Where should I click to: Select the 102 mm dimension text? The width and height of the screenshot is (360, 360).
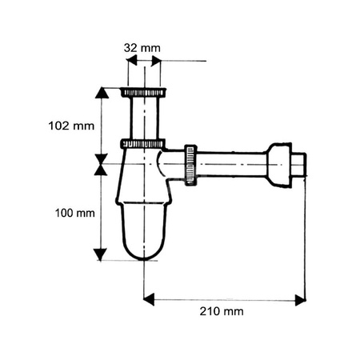(x=66, y=125)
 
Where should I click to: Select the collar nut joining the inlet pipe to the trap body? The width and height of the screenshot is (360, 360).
(x=143, y=144)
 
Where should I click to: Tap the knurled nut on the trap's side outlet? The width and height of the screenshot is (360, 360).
(x=190, y=166)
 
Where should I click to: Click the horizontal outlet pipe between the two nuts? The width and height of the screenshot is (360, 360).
(x=232, y=166)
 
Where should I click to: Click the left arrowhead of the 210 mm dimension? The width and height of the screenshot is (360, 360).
(x=148, y=300)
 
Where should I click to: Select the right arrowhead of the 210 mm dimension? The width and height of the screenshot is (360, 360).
(x=300, y=300)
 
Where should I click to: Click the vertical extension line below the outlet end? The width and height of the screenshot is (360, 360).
(x=305, y=240)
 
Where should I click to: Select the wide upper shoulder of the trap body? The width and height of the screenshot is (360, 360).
(x=142, y=164)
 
